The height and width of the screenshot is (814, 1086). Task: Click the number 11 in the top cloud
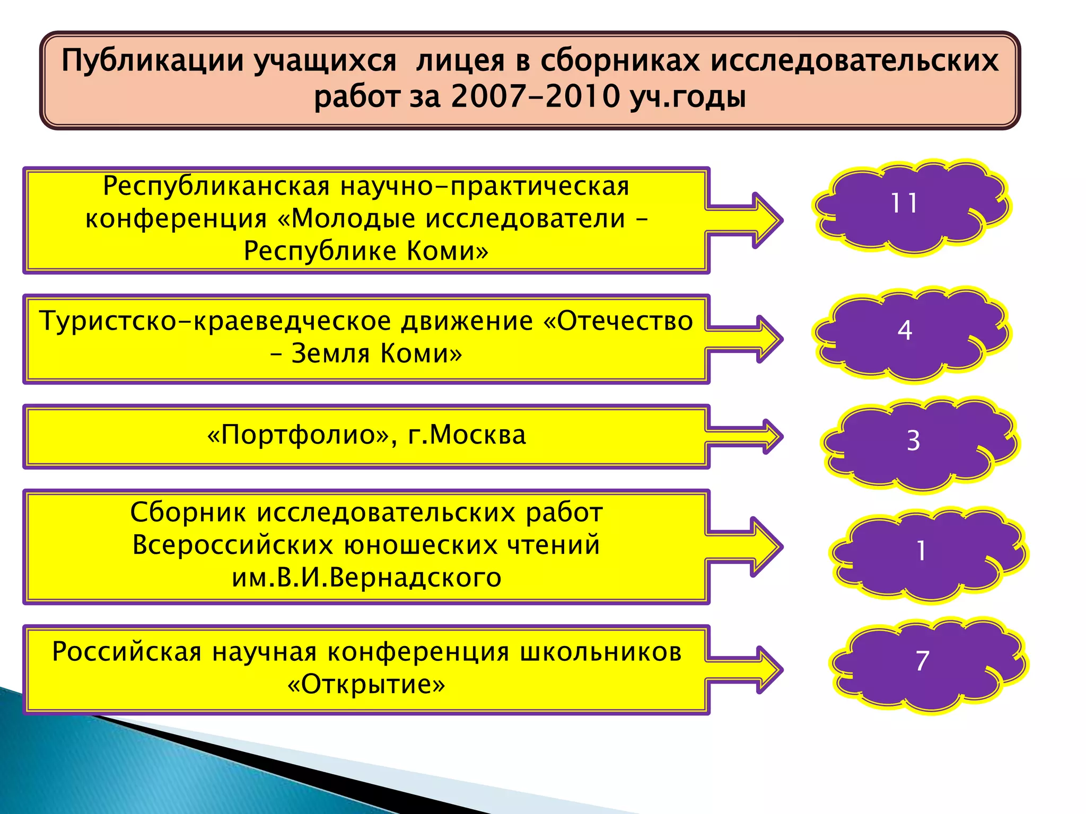click(x=904, y=203)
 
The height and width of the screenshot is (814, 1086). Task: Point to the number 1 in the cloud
click(x=921, y=551)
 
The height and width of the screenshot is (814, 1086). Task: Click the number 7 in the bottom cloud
click(x=922, y=661)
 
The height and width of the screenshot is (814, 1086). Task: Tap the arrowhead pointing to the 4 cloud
click(x=769, y=339)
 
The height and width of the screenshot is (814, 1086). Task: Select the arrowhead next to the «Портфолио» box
click(x=772, y=437)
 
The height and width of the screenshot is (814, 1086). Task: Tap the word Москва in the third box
click(x=477, y=435)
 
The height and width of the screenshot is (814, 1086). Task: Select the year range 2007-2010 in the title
click(x=536, y=97)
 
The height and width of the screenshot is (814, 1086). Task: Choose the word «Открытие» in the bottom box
click(x=366, y=684)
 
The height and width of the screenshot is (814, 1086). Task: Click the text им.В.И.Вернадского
click(x=366, y=578)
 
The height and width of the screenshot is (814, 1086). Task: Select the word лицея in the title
click(x=460, y=61)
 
